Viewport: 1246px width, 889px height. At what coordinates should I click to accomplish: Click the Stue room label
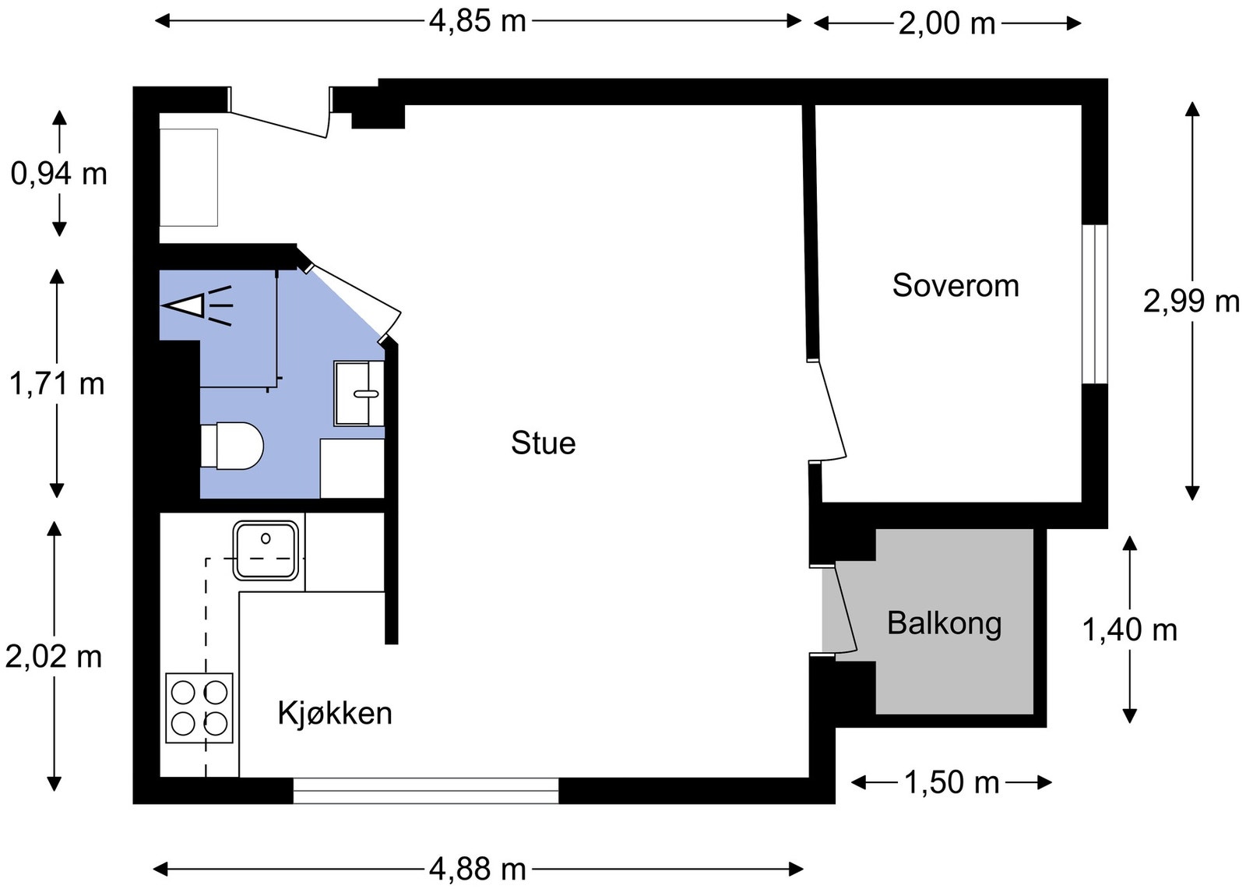[x=543, y=443]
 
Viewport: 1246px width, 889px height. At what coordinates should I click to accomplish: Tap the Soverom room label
[x=956, y=286]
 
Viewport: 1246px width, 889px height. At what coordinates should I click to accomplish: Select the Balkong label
[x=945, y=623]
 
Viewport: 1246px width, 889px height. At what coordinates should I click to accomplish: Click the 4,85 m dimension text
[x=477, y=22]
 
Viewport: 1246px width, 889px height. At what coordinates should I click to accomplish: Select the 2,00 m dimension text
[x=947, y=24]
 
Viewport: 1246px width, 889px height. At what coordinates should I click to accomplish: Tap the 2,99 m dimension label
[x=1191, y=302]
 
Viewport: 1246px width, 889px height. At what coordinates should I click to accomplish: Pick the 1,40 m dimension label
[x=1130, y=630]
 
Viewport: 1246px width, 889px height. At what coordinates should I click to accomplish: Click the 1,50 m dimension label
[x=952, y=782]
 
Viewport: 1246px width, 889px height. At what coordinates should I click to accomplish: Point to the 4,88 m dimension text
[x=477, y=869]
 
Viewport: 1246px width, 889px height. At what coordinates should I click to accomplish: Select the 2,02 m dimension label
[x=54, y=656]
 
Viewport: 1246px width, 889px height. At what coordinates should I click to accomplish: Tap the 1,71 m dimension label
[x=57, y=383]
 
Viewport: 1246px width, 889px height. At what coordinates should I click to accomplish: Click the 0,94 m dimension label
[x=59, y=174]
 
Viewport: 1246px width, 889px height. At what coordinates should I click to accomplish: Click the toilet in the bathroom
[x=232, y=446]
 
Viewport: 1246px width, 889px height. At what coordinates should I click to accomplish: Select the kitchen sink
[x=266, y=551]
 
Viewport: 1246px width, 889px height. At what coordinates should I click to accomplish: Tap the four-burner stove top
[x=199, y=707]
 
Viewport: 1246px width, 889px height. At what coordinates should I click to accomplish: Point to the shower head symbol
[x=197, y=305]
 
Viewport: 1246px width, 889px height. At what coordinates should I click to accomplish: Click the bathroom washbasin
[x=359, y=393]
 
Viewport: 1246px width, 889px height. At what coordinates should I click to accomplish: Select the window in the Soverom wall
[x=1095, y=304]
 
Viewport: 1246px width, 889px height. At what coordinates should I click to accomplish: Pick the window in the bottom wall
[x=425, y=791]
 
